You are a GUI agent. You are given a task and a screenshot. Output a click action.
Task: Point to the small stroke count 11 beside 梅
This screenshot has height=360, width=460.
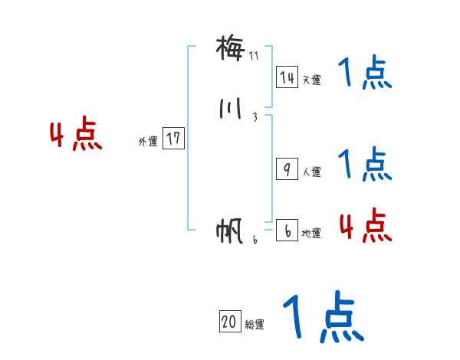pos(255,56)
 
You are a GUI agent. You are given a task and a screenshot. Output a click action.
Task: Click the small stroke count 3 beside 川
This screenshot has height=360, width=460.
pos(255,117)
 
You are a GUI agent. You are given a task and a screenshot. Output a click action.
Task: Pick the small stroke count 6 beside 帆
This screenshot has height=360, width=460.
pos(255,239)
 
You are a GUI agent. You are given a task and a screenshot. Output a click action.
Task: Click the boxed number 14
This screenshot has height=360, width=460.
pos(287,77)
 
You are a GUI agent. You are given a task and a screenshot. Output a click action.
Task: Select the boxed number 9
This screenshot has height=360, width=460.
pos(287,170)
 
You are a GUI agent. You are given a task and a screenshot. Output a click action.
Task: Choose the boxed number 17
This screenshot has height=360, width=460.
pos(173,139)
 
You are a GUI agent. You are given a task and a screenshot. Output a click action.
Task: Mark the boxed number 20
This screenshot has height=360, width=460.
pos(229,322)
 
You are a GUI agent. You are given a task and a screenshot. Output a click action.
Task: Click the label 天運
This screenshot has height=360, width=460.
pos(311,80)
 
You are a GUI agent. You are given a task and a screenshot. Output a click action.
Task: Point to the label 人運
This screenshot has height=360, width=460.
pos(311,172)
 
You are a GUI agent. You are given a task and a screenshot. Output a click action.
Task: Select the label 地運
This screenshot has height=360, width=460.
pos(311,234)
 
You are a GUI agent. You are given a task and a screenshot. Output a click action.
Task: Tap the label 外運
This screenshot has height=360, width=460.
pos(148,141)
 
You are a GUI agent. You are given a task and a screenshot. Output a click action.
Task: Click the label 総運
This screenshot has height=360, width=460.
pos(255,325)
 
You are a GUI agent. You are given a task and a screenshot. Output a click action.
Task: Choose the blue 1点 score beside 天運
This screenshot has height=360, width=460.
pos(364,74)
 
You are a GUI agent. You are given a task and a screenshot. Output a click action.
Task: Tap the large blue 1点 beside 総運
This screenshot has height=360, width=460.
pos(322,316)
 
